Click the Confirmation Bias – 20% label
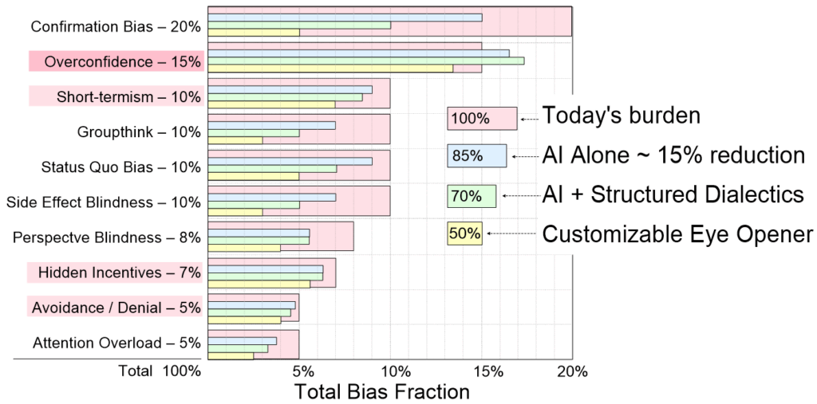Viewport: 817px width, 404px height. tap(116, 26)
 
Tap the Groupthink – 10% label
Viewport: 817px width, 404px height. tap(139, 131)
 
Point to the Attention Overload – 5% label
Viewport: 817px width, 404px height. tap(117, 343)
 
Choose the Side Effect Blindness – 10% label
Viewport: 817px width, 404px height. tap(104, 202)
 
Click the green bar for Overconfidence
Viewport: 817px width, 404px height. tap(365, 61)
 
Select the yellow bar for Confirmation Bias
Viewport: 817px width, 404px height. tap(254, 33)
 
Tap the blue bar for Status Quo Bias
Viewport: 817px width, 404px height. tap(290, 161)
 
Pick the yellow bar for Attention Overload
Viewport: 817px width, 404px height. tap(231, 355)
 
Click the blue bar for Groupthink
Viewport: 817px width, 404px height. tap(271, 125)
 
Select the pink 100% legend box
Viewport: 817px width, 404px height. tap(482, 119)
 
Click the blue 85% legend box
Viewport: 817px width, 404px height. tap(477, 156)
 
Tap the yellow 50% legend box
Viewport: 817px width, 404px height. tap(464, 233)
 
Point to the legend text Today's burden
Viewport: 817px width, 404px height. tap(621, 116)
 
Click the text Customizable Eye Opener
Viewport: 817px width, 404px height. tap(677, 233)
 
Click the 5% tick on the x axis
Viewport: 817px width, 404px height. tap(302, 371)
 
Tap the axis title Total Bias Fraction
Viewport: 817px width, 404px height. tap(381, 391)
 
